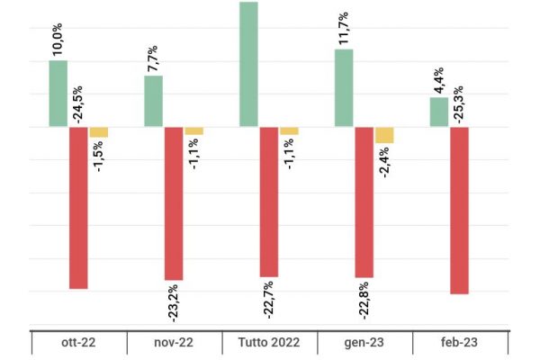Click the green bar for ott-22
tap(58, 94)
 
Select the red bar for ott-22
tap(78, 207)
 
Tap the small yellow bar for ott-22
tap(98, 132)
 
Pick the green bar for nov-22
tap(154, 101)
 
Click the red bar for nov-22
tap(174, 203)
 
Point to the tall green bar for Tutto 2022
tap(248, 65)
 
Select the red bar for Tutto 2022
tap(268, 202)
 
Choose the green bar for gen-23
tap(344, 88)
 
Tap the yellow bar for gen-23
tap(384, 135)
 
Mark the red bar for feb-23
tap(459, 210)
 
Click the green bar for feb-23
tap(439, 112)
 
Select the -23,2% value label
tap(174, 303)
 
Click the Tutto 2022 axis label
tap(268, 344)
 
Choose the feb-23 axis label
tap(459, 344)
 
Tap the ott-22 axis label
tap(78, 344)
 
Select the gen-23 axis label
tap(364, 344)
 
